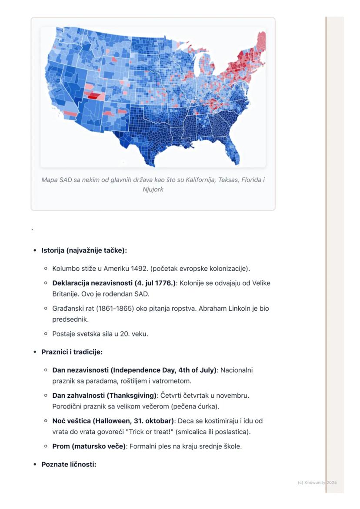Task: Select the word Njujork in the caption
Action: [x=153, y=190]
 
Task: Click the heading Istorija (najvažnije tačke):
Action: [x=84, y=250]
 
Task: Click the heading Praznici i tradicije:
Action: [x=72, y=352]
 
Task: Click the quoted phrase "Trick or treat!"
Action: [x=150, y=432]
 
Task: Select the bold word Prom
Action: [x=61, y=446]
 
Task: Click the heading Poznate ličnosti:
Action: [x=69, y=464]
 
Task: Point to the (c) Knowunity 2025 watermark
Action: [x=317, y=482]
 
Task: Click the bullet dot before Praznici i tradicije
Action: [x=35, y=352]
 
